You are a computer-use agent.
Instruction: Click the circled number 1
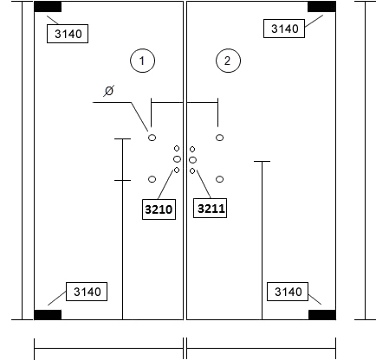click(143, 61)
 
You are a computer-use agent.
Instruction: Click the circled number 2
click(228, 61)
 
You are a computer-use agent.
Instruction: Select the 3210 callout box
click(159, 209)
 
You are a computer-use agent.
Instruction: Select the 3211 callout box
click(210, 208)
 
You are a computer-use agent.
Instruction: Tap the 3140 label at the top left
click(68, 34)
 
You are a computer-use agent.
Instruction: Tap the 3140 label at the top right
click(284, 29)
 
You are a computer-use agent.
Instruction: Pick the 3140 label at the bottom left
click(87, 292)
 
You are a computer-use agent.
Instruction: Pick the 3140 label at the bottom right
click(288, 292)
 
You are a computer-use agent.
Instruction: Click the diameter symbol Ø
click(109, 91)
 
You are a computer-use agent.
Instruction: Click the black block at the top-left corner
click(48, 7)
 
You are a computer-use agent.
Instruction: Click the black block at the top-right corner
click(321, 7)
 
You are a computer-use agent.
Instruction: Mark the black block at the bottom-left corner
click(48, 315)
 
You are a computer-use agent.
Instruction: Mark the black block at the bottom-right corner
click(322, 315)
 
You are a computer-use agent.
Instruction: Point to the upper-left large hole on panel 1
click(152, 138)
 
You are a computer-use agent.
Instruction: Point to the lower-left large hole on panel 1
click(152, 179)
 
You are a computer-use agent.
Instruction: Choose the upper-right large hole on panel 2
click(219, 138)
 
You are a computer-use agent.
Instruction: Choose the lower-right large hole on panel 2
click(219, 179)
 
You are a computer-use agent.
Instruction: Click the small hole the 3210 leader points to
click(177, 170)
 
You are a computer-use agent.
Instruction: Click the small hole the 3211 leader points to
click(192, 171)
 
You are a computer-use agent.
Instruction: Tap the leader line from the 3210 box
click(166, 184)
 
